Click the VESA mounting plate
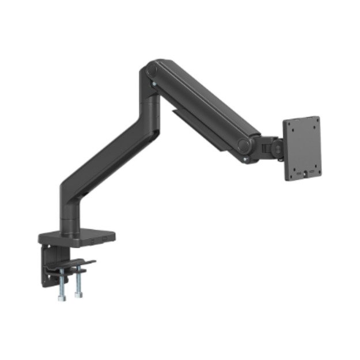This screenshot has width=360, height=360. pyautogui.click(x=302, y=149)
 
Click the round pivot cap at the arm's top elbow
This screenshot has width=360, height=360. pyautogui.click(x=151, y=71)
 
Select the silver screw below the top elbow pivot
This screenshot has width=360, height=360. pyautogui.click(x=154, y=85)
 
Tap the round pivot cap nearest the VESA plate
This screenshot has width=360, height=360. pyautogui.click(x=245, y=144)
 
